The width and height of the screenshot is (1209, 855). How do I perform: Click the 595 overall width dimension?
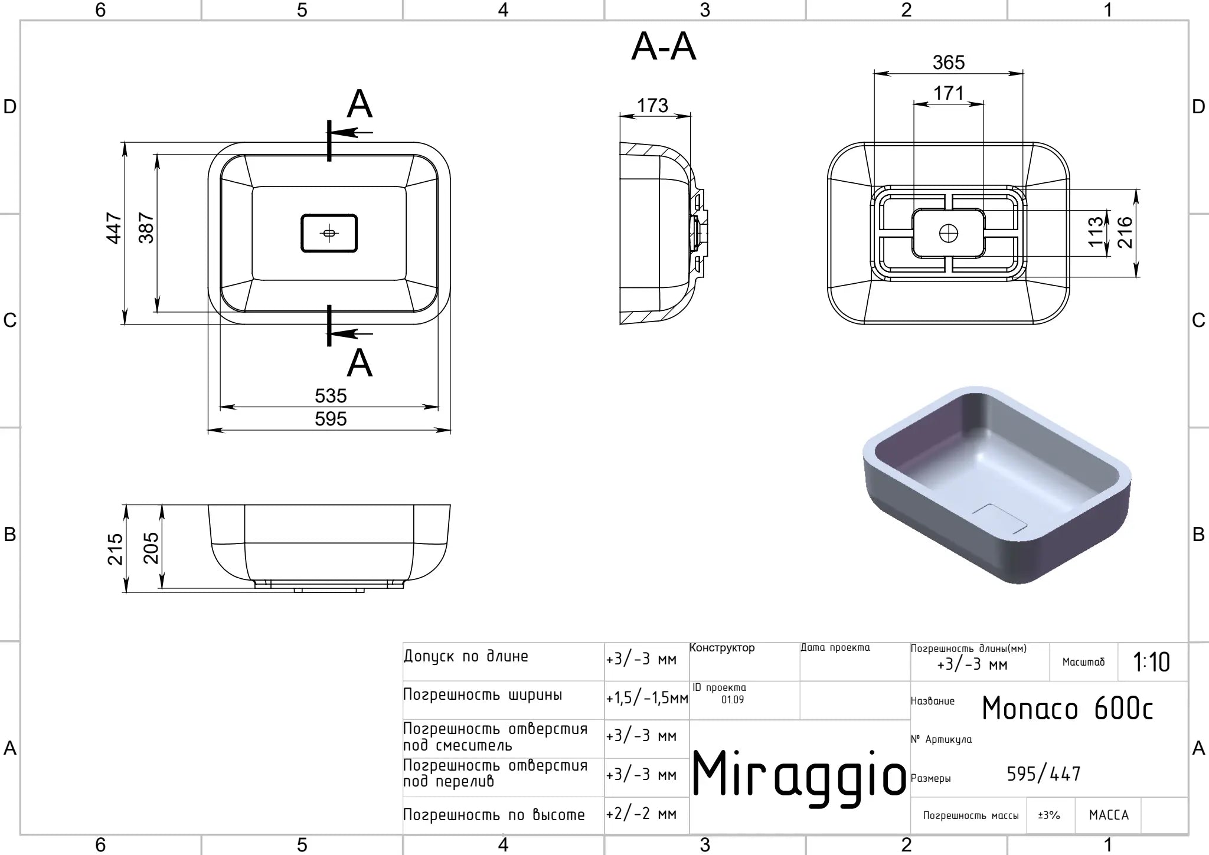click(x=331, y=419)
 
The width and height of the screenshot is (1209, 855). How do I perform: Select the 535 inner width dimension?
click(x=331, y=396)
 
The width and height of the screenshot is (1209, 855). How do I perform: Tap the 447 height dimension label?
click(x=114, y=228)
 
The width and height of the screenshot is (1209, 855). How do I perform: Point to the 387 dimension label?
click(x=146, y=228)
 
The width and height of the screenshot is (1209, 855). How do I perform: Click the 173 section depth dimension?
click(x=652, y=106)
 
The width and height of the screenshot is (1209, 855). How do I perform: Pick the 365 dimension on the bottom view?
click(x=949, y=63)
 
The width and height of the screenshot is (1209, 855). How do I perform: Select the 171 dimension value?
click(x=949, y=93)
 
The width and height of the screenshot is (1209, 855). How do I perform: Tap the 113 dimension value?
click(x=1096, y=231)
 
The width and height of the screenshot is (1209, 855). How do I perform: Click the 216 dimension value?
click(x=1125, y=232)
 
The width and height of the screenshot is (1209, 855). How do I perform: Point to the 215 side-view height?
click(x=115, y=549)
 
